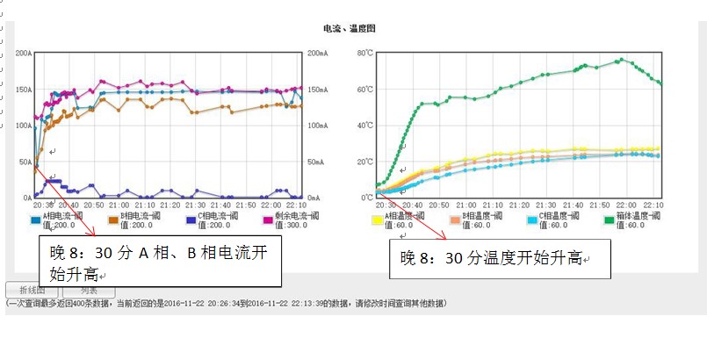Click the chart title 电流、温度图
point(350,29)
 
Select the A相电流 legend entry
point(61,216)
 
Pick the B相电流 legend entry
point(139,216)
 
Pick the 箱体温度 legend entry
point(632,216)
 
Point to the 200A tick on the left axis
point(23,54)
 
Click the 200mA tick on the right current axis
point(318,54)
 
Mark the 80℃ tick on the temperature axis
point(365,54)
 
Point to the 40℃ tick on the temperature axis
point(365,126)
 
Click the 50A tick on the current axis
point(25,162)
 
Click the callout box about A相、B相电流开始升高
point(161,261)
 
